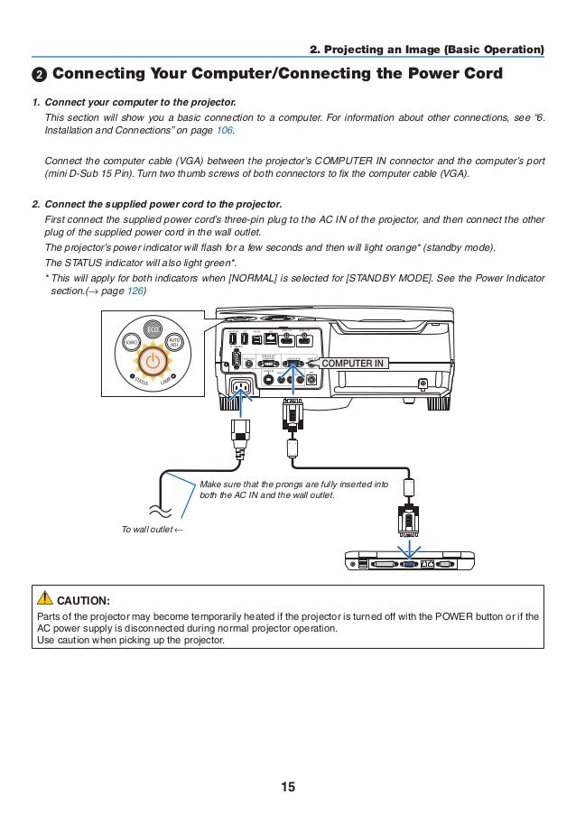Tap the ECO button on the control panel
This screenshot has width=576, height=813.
(x=153, y=329)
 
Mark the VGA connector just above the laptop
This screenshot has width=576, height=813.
(x=409, y=519)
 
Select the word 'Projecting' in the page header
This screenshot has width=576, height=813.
(x=367, y=48)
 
